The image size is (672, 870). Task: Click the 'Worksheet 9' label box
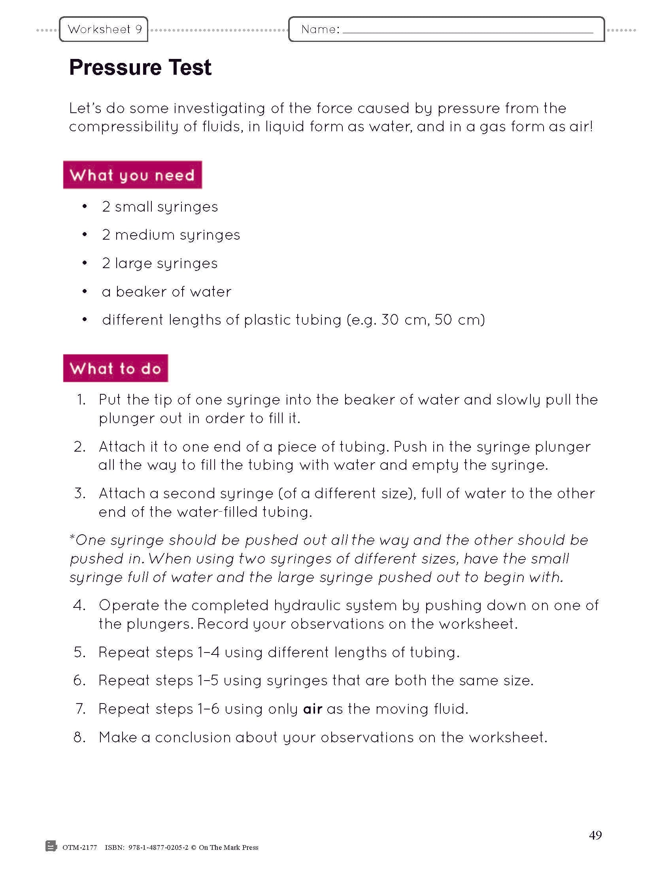point(104,29)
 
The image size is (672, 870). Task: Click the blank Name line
point(467,31)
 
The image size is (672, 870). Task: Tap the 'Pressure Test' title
point(140,67)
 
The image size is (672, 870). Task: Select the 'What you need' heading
point(132,175)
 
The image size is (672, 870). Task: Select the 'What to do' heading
point(115,368)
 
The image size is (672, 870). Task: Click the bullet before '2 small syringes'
point(85,207)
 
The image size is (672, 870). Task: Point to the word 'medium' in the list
point(145,235)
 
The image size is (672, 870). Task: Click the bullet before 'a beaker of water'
point(85,291)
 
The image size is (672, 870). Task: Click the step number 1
point(81,399)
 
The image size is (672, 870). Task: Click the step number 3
point(80,494)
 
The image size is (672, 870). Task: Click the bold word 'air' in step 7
point(313,709)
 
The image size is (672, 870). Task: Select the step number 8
point(80,738)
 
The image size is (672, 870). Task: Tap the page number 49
point(595,835)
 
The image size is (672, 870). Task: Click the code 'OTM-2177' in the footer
point(79,847)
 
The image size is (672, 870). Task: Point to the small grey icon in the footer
point(51,846)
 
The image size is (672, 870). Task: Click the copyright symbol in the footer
point(193,847)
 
